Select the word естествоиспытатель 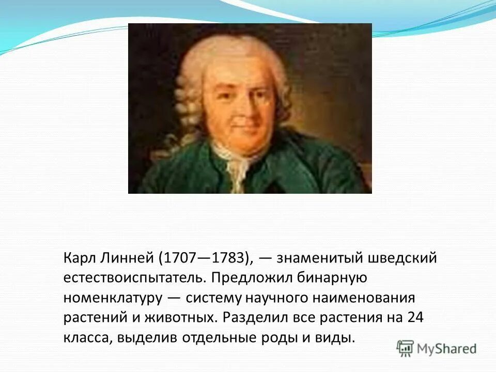pos(135,278)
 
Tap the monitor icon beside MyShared pos(406,348)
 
